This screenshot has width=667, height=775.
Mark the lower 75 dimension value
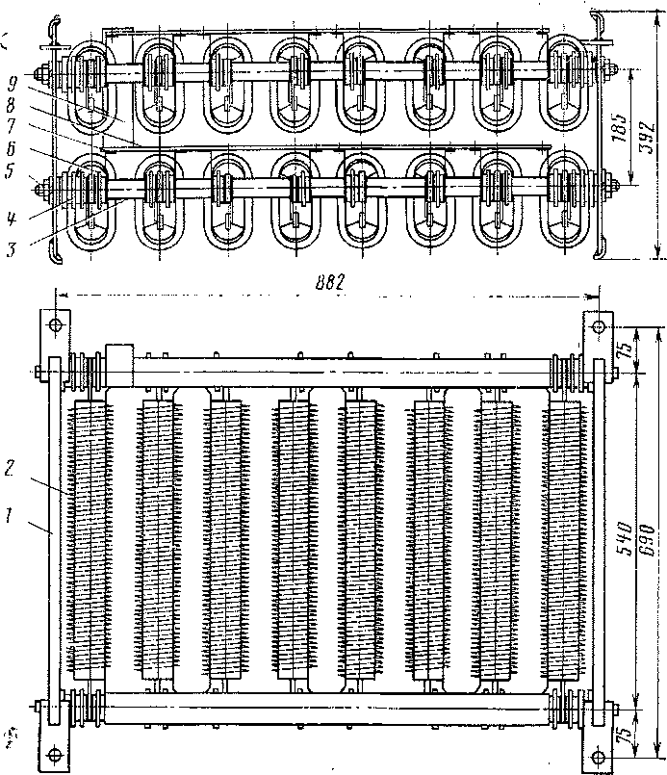pyautogui.click(x=627, y=734)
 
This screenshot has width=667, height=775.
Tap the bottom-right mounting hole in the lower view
pyautogui.click(x=593, y=756)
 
